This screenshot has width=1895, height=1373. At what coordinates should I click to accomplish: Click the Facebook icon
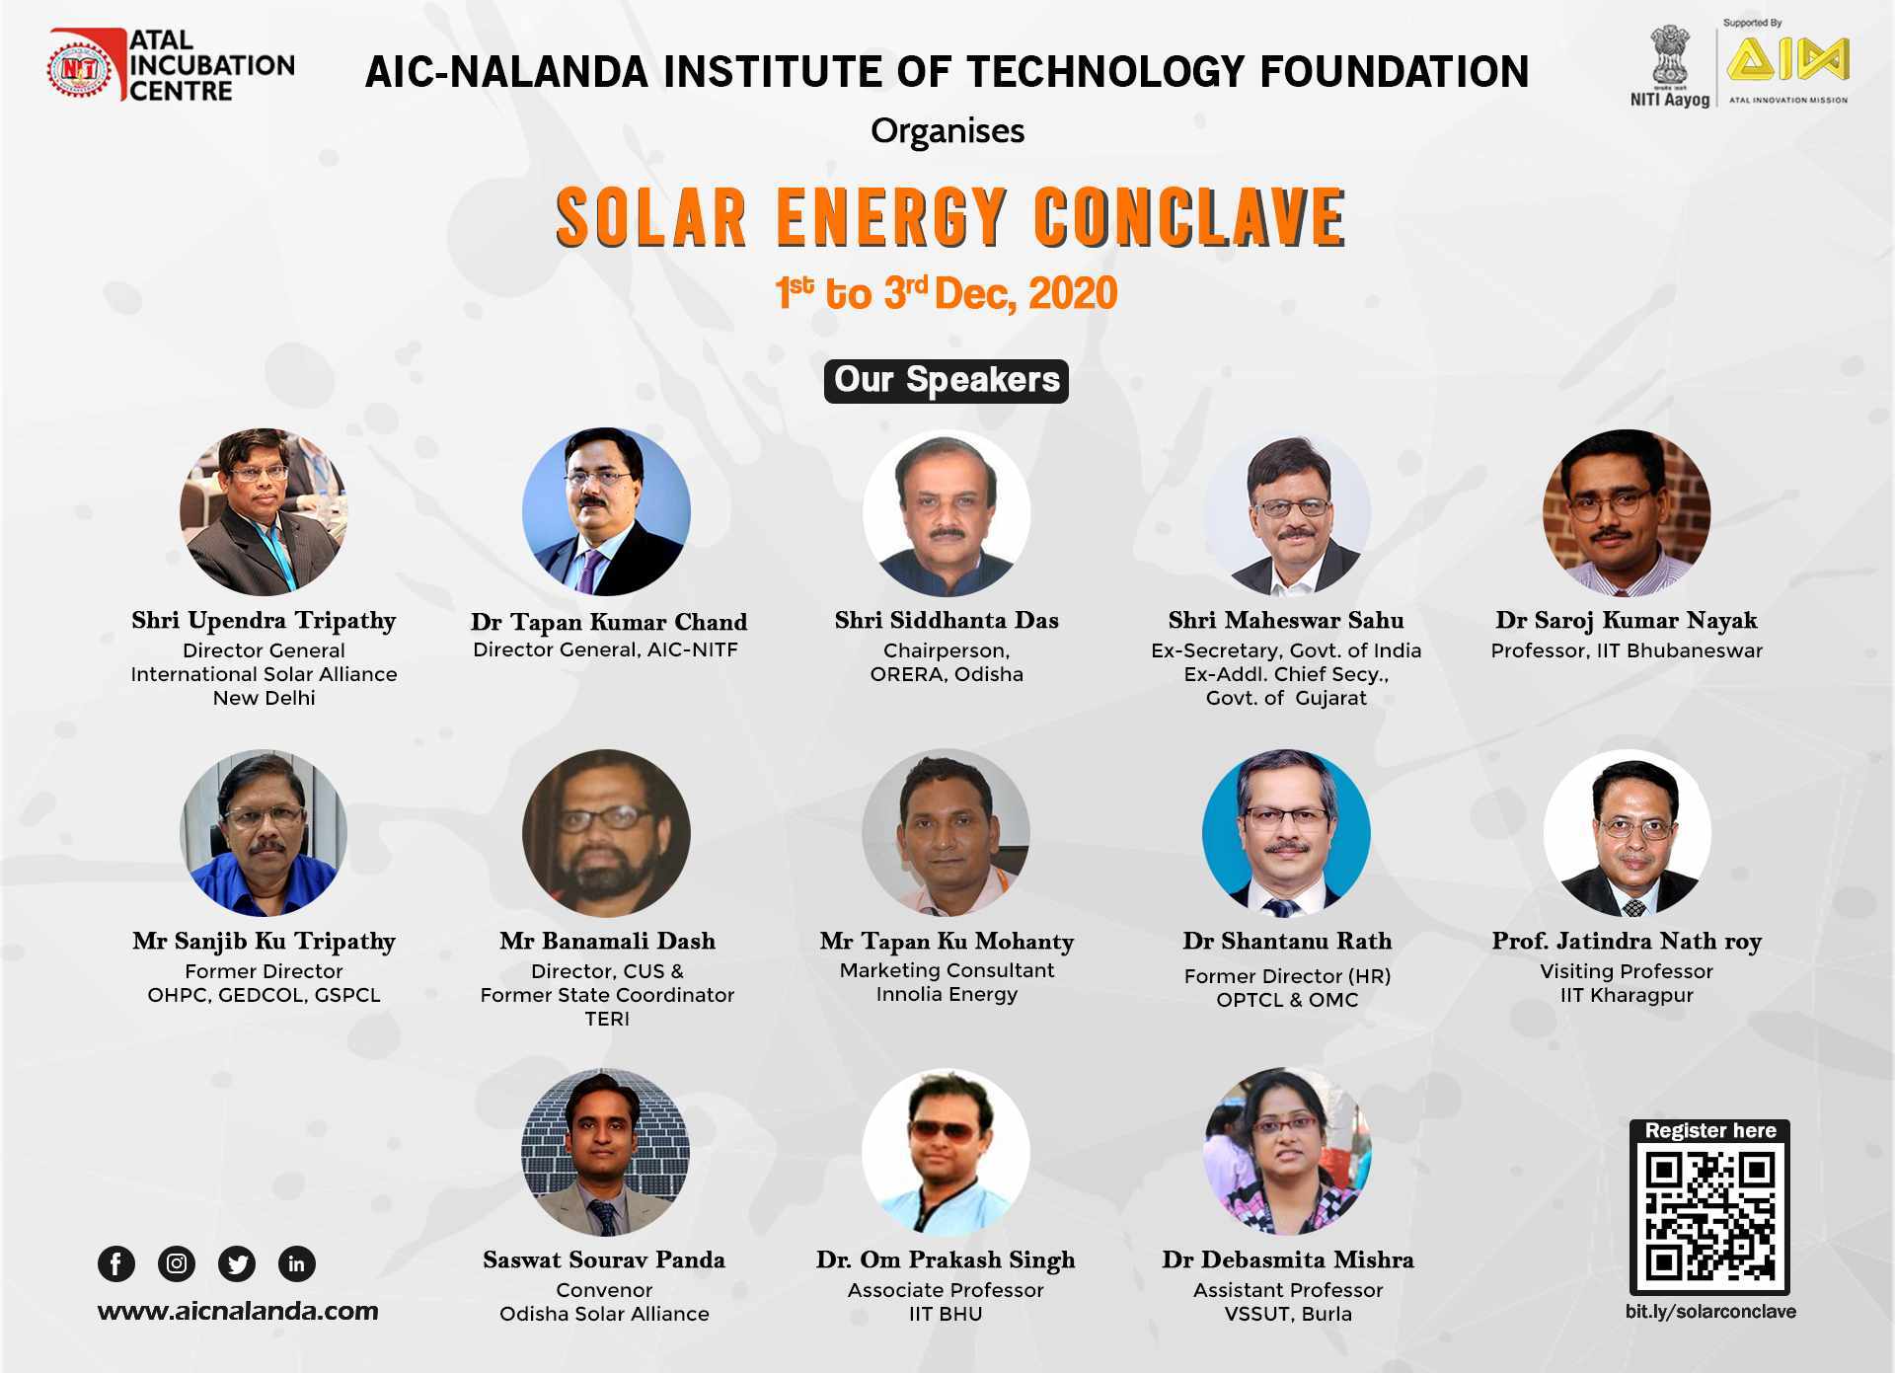point(116,1263)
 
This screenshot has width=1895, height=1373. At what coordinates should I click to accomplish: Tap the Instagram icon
point(177,1263)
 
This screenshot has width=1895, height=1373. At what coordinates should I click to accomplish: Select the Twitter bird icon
point(237,1263)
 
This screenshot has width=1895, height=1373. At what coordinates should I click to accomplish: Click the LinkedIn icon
point(297,1263)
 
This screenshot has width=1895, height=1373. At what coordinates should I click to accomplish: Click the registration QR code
point(1709,1218)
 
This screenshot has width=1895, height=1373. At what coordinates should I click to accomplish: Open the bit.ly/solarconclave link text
point(1710,1312)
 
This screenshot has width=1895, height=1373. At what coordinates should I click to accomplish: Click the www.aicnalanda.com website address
point(238,1311)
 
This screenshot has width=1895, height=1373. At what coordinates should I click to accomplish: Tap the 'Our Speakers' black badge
point(947,381)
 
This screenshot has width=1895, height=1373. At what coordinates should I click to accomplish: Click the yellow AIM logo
point(1787,60)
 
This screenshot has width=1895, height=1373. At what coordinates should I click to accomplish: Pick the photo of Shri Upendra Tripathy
point(264,511)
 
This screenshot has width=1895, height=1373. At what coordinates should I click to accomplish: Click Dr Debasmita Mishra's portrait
point(1287,1151)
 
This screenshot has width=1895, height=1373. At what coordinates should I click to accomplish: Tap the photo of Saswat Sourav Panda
point(605,1151)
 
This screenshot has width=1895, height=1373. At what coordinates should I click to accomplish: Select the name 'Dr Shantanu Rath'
point(1287,941)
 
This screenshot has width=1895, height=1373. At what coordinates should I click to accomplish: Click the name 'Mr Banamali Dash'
point(607,941)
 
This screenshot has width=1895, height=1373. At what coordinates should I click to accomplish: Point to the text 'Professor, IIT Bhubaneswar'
point(1627,650)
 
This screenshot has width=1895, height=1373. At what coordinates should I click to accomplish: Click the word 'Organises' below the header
point(947,131)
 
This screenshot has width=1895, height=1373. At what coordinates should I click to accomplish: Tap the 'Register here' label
point(1710,1130)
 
